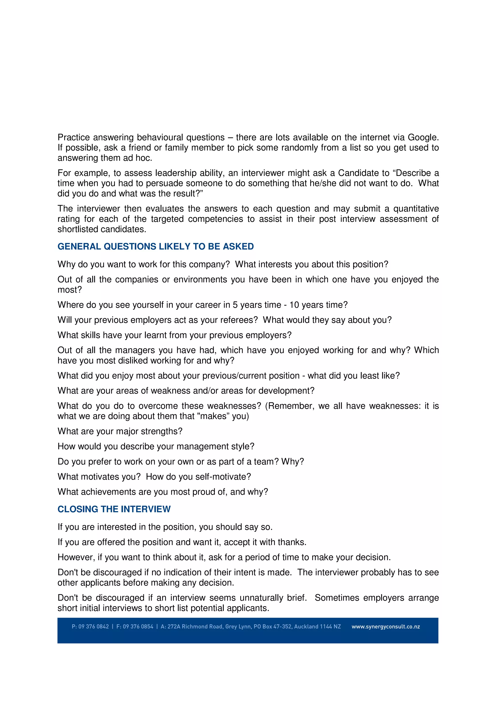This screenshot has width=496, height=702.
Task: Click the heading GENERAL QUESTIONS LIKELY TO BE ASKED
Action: (x=155, y=246)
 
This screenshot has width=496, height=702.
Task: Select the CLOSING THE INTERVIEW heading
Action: (x=114, y=509)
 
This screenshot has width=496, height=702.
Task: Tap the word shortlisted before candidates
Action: (x=78, y=229)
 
